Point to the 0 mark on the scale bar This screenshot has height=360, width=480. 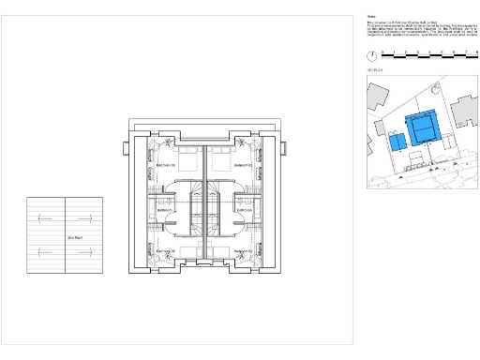[382, 52]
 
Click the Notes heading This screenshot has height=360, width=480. [371, 15]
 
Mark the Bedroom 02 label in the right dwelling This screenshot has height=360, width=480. [228, 165]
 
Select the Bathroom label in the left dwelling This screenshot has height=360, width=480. [165, 211]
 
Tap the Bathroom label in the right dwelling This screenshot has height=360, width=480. [245, 211]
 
